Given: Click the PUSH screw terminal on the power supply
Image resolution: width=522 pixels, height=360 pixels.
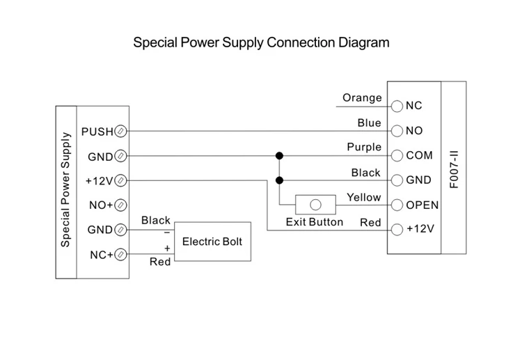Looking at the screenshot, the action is (x=120, y=131).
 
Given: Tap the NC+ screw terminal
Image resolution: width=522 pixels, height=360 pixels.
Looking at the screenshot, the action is (x=120, y=254).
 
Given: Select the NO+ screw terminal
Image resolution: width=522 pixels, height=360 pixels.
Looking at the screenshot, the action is (x=120, y=205).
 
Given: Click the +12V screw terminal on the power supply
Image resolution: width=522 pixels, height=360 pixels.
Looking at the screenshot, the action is (x=120, y=180).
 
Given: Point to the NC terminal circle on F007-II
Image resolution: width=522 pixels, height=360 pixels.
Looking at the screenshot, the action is (x=397, y=107).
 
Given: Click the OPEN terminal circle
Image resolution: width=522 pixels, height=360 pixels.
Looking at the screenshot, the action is (x=397, y=205).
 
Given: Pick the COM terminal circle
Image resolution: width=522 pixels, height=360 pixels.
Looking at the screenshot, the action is (x=397, y=155).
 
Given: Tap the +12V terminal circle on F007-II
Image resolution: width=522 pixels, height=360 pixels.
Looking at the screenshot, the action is (x=397, y=230).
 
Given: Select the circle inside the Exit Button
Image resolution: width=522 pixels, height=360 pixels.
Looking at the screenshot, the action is (x=315, y=205).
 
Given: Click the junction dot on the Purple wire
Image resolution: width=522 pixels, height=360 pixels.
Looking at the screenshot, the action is (x=279, y=155).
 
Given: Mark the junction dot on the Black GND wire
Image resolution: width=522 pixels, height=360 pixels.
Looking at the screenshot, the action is (x=279, y=180).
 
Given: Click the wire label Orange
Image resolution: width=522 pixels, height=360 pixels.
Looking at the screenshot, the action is (x=362, y=98).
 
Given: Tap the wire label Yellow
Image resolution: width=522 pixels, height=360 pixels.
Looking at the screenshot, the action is (x=364, y=197).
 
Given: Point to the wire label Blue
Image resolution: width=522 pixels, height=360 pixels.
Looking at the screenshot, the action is (x=369, y=123).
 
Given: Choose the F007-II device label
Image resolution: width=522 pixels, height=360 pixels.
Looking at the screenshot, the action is (x=454, y=170).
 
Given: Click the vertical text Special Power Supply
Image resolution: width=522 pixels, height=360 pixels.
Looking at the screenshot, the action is (x=65, y=190).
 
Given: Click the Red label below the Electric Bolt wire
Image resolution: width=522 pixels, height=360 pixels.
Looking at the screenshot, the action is (x=160, y=262).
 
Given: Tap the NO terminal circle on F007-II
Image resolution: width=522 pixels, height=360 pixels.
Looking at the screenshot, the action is (x=397, y=131).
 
